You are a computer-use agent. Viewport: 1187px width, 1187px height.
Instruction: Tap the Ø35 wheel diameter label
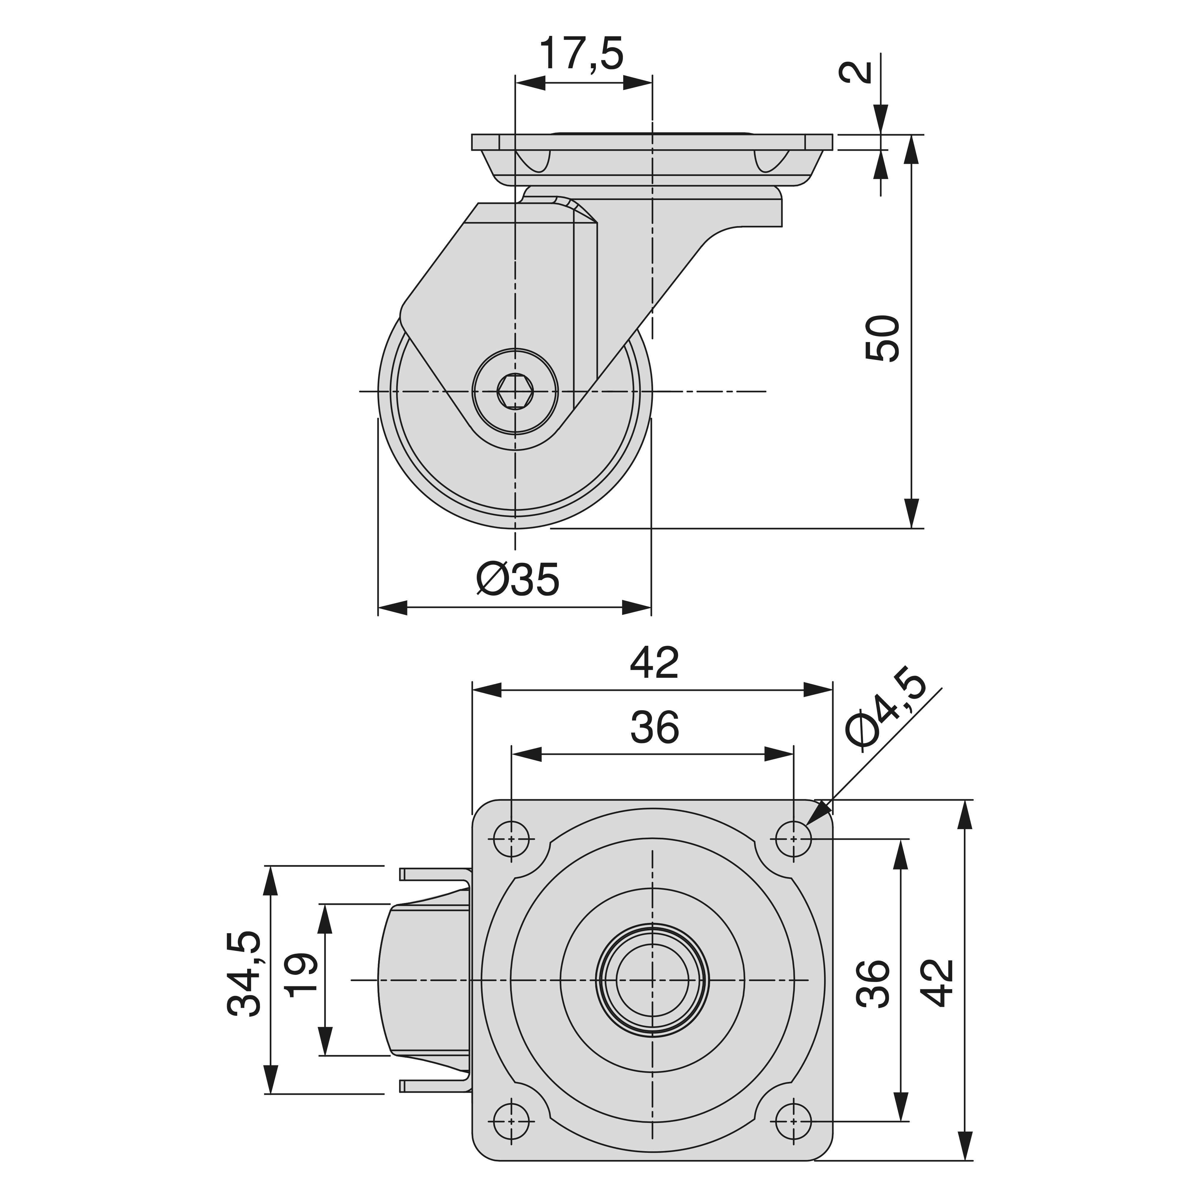pos(518,579)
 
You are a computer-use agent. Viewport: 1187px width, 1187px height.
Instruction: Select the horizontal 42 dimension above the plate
pos(654,662)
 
